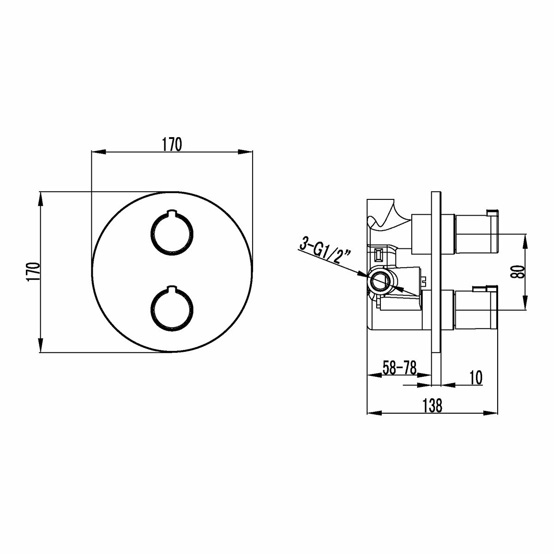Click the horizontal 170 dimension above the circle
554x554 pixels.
click(172, 145)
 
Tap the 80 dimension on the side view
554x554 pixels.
click(518, 271)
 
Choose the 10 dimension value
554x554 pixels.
click(476, 378)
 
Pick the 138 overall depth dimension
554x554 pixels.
click(432, 406)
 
